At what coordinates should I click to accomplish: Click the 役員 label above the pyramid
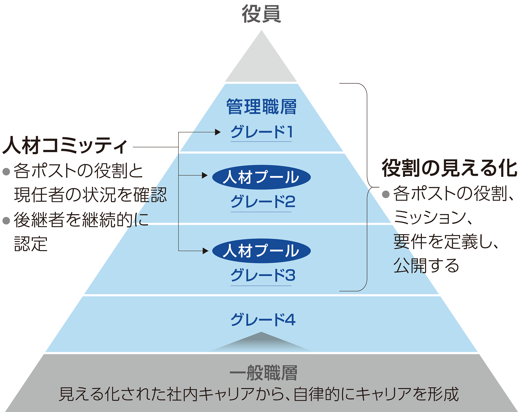[261, 14]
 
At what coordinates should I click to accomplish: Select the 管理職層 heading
[261, 107]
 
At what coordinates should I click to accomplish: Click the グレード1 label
[261, 132]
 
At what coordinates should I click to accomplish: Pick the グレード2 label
[263, 201]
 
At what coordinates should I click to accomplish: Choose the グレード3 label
[263, 275]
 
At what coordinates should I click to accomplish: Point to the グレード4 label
[263, 320]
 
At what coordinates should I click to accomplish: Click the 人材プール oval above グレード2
[261, 177]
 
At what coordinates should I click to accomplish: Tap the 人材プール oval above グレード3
[261, 251]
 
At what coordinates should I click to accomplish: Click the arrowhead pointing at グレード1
[218, 132]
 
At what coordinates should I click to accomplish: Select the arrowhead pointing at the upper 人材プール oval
[205, 176]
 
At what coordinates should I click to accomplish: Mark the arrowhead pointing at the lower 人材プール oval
[206, 251]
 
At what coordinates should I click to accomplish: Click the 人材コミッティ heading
[65, 146]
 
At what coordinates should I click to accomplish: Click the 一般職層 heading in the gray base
[263, 373]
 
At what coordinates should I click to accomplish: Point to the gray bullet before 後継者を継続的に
[6, 221]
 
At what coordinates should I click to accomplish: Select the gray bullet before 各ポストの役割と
[6, 171]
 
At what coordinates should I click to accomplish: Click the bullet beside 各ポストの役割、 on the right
[386, 194]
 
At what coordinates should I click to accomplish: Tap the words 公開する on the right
[426, 266]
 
